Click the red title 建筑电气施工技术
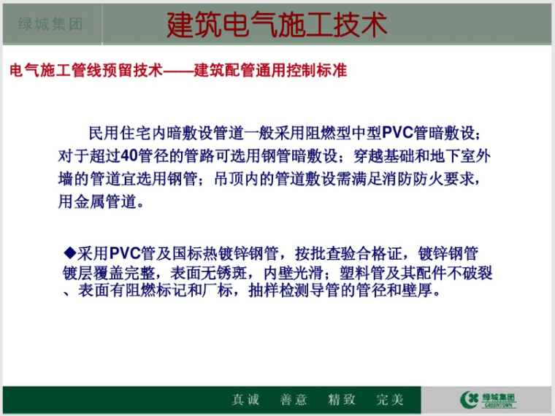pyautogui.click(x=277, y=24)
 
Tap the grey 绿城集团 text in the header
pyautogui.click(x=50, y=24)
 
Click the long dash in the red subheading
pyautogui.click(x=178, y=71)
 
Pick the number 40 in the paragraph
pyautogui.click(x=129, y=155)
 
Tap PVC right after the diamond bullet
pyautogui.click(x=129, y=253)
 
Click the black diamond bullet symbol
pyautogui.click(x=70, y=253)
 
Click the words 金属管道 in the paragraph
pyautogui.click(x=104, y=201)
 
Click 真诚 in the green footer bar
pyautogui.click(x=246, y=399)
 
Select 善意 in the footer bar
pyautogui.click(x=294, y=399)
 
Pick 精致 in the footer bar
pyautogui.click(x=341, y=399)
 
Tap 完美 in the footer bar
pyautogui.click(x=389, y=399)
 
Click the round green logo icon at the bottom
pyautogui.click(x=470, y=398)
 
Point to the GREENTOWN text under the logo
pyautogui.click(x=500, y=405)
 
